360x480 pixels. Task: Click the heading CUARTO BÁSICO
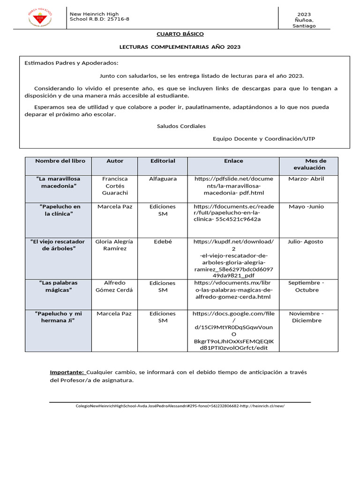(180, 34)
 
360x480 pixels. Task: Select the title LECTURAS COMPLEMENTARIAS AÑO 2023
(180, 47)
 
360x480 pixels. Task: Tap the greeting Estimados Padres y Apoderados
(71, 63)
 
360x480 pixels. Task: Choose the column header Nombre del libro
(60, 161)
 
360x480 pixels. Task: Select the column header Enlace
(233, 161)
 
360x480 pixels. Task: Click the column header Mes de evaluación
(309, 164)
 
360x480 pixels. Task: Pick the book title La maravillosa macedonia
(58, 182)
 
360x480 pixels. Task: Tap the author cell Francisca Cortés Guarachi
(115, 186)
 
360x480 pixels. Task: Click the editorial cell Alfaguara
(163, 179)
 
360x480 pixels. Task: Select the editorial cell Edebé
(163, 241)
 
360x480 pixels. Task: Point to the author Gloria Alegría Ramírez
(114, 245)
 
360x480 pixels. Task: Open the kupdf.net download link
(233, 259)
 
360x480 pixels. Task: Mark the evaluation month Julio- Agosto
(305, 241)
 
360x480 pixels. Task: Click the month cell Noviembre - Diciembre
(306, 317)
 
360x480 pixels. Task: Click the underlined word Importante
(67, 372)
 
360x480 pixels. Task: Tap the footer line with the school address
(180, 406)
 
